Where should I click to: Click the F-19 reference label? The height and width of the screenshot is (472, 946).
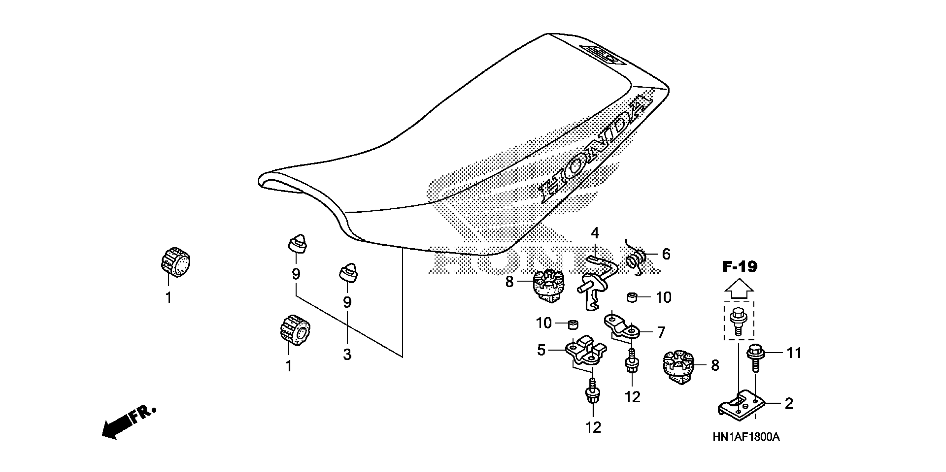740,267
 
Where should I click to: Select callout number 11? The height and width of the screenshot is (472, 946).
794,353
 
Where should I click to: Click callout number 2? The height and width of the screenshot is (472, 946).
789,404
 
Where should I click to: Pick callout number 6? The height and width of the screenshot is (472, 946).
666,254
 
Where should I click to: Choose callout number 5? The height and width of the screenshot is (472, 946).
541,350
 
